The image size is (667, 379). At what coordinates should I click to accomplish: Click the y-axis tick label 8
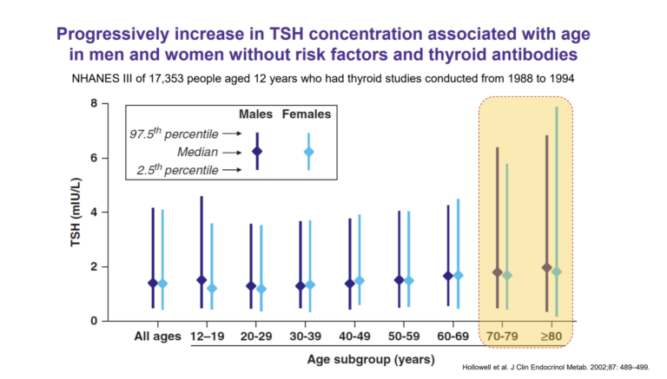pos(93,104)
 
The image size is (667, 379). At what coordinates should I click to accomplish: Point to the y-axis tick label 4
pos(93,212)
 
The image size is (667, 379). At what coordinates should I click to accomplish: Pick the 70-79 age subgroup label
pos(502,336)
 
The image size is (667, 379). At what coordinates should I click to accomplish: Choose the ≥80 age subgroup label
pos(551,336)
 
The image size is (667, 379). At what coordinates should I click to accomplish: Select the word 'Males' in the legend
pos(256,114)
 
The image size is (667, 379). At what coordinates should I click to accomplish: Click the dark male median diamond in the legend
pos(256,151)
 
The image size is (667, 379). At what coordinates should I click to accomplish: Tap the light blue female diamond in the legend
pos(307,151)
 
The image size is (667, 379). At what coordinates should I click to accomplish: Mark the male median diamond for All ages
pos(153,283)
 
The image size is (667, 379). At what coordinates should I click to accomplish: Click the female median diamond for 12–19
pos(213,288)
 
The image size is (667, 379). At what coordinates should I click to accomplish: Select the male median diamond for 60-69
pos(447,276)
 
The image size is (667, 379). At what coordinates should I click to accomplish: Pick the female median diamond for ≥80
pos(556,271)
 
